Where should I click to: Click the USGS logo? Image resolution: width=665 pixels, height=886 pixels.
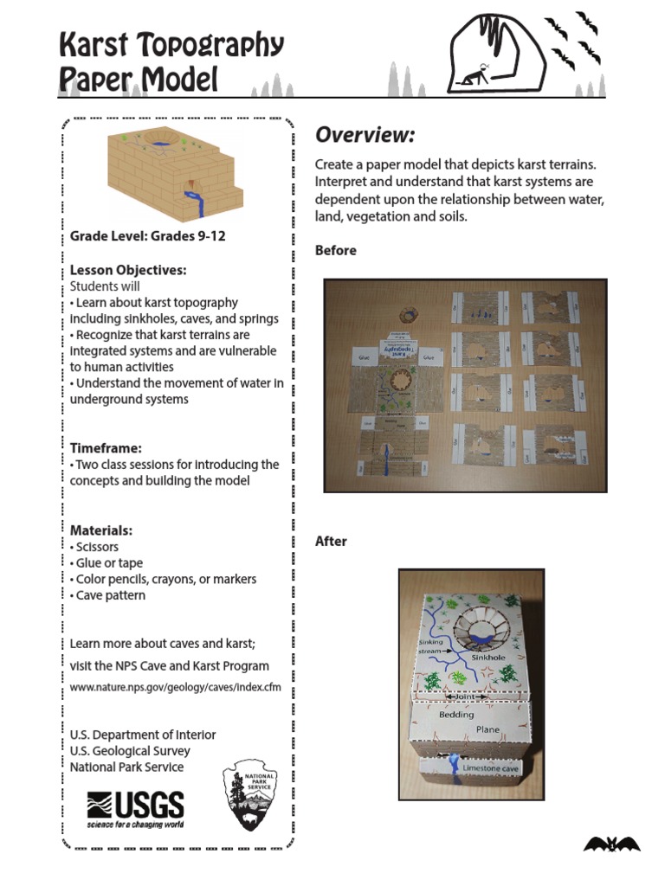pyautogui.click(x=135, y=811)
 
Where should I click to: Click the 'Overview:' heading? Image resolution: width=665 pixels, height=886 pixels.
pyautogui.click(x=365, y=135)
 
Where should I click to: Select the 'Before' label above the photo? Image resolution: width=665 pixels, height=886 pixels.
pyautogui.click(x=335, y=250)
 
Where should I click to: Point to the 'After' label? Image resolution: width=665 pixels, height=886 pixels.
pyautogui.click(x=331, y=541)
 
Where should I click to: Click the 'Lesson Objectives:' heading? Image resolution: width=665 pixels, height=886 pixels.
pyautogui.click(x=128, y=270)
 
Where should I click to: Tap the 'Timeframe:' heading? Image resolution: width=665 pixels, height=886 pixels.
pyautogui.click(x=106, y=447)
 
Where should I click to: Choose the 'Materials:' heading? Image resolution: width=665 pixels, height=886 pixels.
pyautogui.click(x=100, y=530)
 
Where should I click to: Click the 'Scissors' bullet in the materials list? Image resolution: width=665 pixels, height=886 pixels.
pyautogui.click(x=95, y=547)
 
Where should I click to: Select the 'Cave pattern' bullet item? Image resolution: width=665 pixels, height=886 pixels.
pyautogui.click(x=108, y=595)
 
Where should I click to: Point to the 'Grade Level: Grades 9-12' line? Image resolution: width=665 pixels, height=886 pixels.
pyautogui.click(x=147, y=235)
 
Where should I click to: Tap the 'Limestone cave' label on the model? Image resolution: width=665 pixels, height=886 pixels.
pyautogui.click(x=490, y=767)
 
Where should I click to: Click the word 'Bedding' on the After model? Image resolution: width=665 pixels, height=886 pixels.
pyautogui.click(x=456, y=715)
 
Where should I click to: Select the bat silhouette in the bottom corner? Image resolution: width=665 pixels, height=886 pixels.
pyautogui.click(x=611, y=844)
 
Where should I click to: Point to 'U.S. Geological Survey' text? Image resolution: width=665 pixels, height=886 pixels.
pyautogui.click(x=130, y=751)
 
